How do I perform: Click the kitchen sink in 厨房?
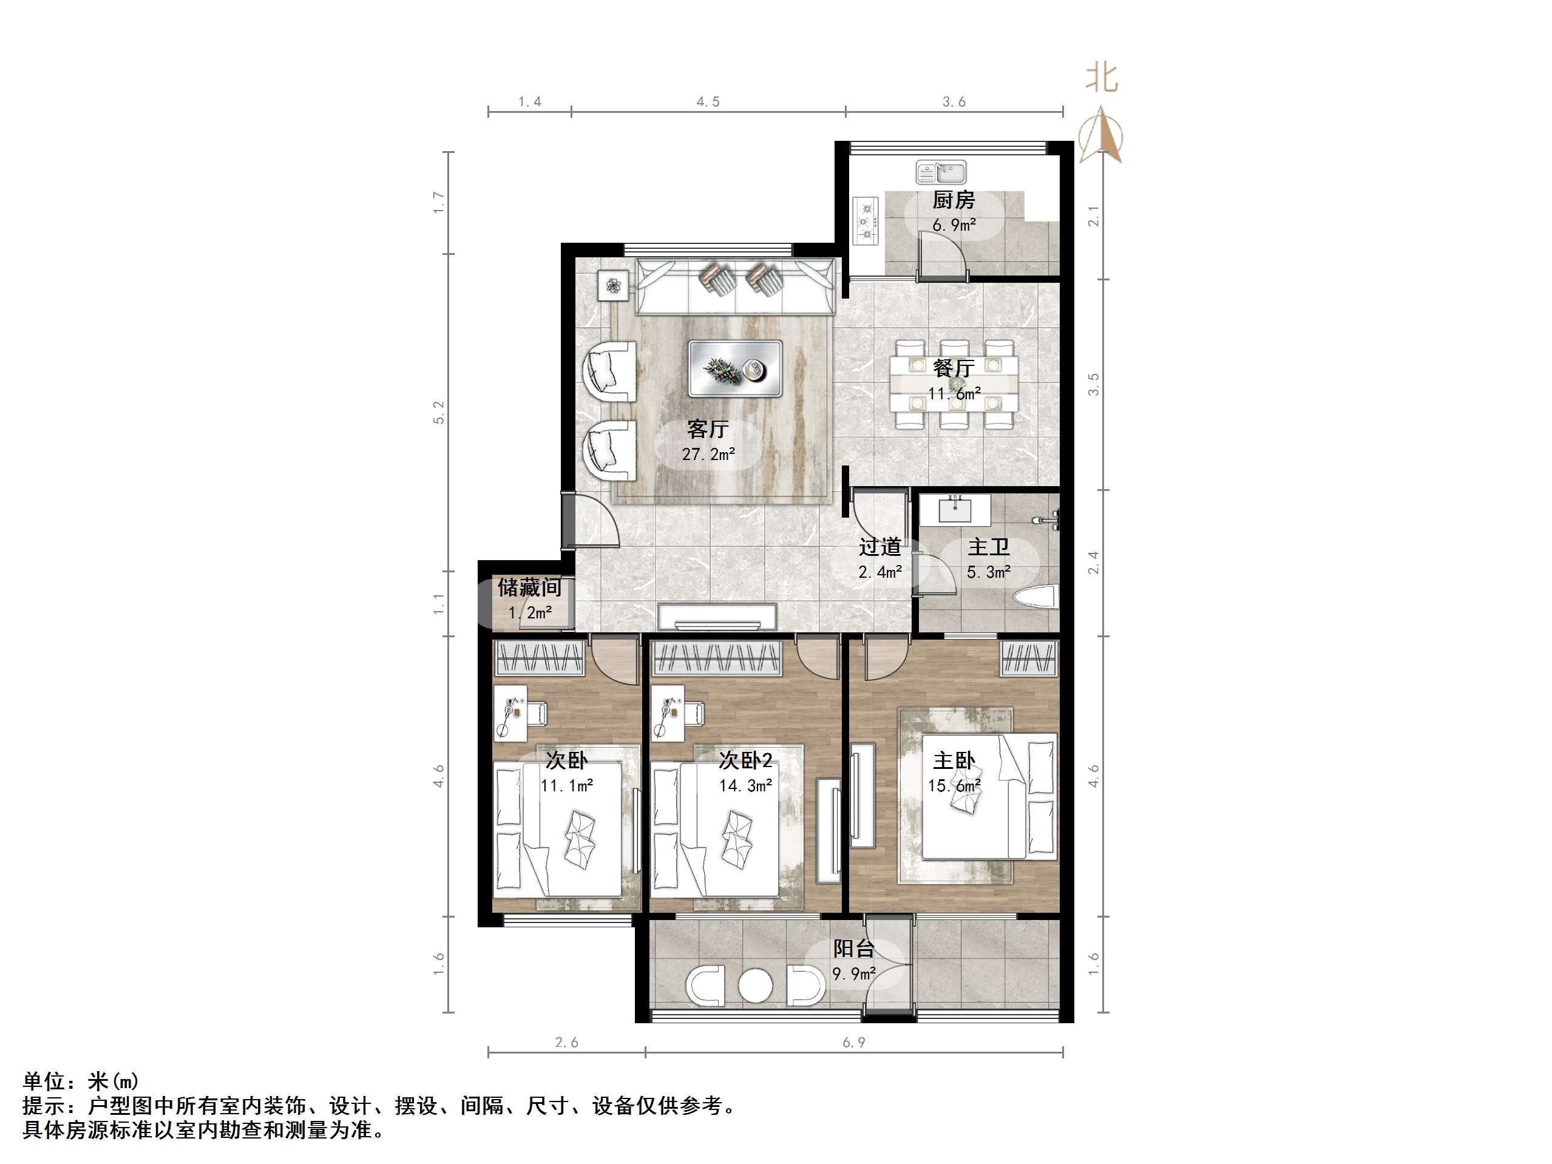(x=940, y=171)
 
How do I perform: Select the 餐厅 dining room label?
(x=954, y=368)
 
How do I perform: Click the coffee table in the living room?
(x=734, y=369)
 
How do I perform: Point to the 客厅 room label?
(x=708, y=428)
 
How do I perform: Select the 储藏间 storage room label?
(x=530, y=587)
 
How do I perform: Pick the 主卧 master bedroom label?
(x=954, y=760)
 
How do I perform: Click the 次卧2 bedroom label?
(x=745, y=760)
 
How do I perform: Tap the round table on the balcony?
(x=755, y=985)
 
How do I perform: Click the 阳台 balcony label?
(x=853, y=949)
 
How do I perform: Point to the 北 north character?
(x=1101, y=77)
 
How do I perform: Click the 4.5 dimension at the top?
(x=708, y=103)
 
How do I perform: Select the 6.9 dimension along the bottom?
(x=854, y=1043)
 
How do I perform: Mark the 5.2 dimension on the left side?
(x=438, y=413)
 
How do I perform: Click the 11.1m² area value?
(x=566, y=785)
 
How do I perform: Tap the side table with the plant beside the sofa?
(x=614, y=286)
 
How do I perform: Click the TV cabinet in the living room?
(x=717, y=617)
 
